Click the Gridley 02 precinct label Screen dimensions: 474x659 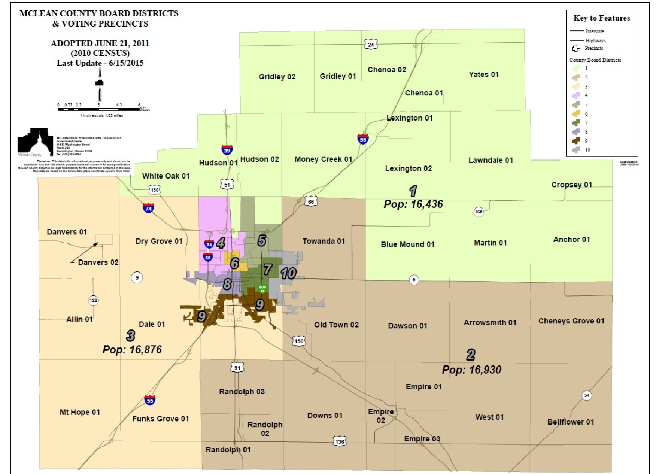pyautogui.click(x=277, y=77)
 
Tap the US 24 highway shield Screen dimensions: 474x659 pyautogui.click(x=371, y=45)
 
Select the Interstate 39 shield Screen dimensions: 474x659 pyautogui.click(x=227, y=150)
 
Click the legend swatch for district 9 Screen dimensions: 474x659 pyautogui.click(x=576, y=141)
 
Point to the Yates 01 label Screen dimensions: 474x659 pyautogui.click(x=484, y=75)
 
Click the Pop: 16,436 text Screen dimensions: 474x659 pyautogui.click(x=413, y=204)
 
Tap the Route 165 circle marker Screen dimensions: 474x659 pyautogui.click(x=479, y=212)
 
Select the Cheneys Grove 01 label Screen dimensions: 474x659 pyautogui.click(x=571, y=321)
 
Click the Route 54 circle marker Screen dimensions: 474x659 pyautogui.click(x=587, y=395)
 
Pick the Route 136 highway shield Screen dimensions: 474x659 pyautogui.click(x=340, y=441)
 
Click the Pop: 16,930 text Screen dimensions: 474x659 pyautogui.click(x=471, y=370)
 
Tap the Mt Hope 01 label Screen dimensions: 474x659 pyautogui.click(x=80, y=412)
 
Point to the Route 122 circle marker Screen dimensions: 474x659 pyautogui.click(x=93, y=300)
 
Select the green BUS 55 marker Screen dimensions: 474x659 pyautogui.click(x=262, y=289)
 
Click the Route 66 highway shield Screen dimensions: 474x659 pyautogui.click(x=311, y=201)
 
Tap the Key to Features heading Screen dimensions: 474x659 pyautogui.click(x=601, y=18)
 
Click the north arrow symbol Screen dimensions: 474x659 pyautogui.click(x=100, y=84)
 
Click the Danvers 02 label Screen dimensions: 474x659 pyautogui.click(x=98, y=262)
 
